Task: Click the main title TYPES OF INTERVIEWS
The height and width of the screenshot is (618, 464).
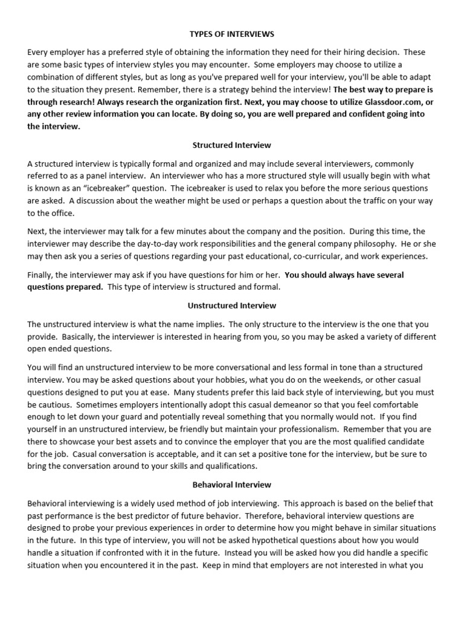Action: [232, 34]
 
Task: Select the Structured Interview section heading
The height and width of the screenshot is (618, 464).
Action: [232, 145]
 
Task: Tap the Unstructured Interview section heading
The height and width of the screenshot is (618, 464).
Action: [232, 306]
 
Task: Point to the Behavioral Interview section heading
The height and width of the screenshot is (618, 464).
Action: [232, 485]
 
